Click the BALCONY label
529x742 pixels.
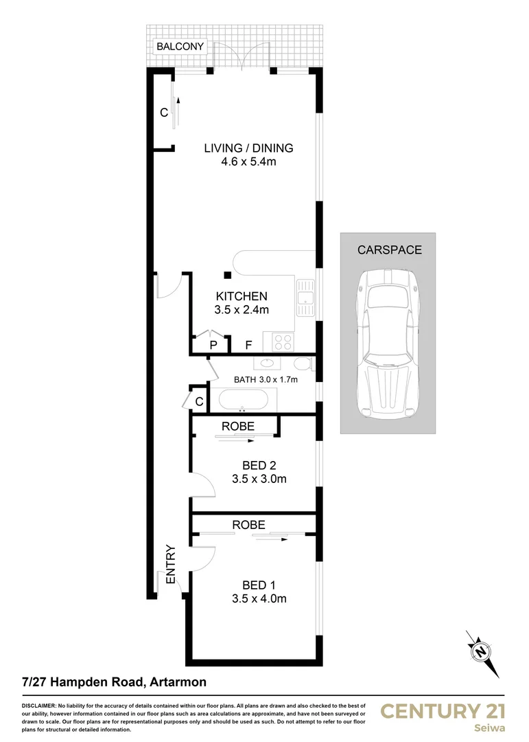click(180, 47)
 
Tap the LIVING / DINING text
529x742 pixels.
click(248, 148)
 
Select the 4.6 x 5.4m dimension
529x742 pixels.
click(248, 162)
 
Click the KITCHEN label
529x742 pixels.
click(242, 296)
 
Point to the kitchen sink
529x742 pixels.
click(305, 297)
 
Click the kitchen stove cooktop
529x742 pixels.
click(283, 341)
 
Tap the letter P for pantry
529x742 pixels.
click(213, 345)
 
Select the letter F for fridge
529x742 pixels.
click(249, 345)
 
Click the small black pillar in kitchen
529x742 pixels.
click(227, 276)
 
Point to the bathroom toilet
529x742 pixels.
click(303, 363)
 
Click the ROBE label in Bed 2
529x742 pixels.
click(238, 427)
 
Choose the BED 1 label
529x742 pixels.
click(259, 585)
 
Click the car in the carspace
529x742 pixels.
click(388, 335)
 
